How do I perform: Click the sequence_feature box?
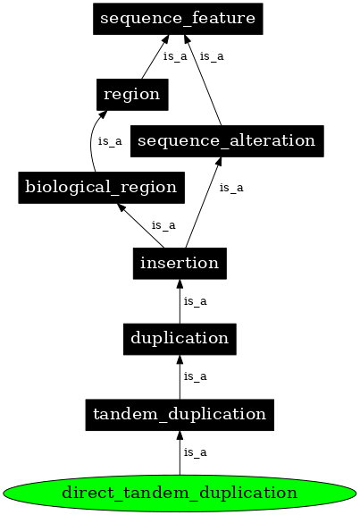(178, 18)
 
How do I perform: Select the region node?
(131, 93)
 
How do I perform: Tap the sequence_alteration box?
(226, 140)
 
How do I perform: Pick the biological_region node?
(101, 187)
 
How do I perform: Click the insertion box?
(180, 263)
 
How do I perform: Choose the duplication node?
(180, 338)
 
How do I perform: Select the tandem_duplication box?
(180, 414)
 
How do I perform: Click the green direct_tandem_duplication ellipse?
(180, 492)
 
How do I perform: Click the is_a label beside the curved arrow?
(109, 140)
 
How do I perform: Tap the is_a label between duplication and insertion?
(195, 301)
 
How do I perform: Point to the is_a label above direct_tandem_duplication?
(195, 452)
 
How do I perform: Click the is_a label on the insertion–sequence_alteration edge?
(231, 188)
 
